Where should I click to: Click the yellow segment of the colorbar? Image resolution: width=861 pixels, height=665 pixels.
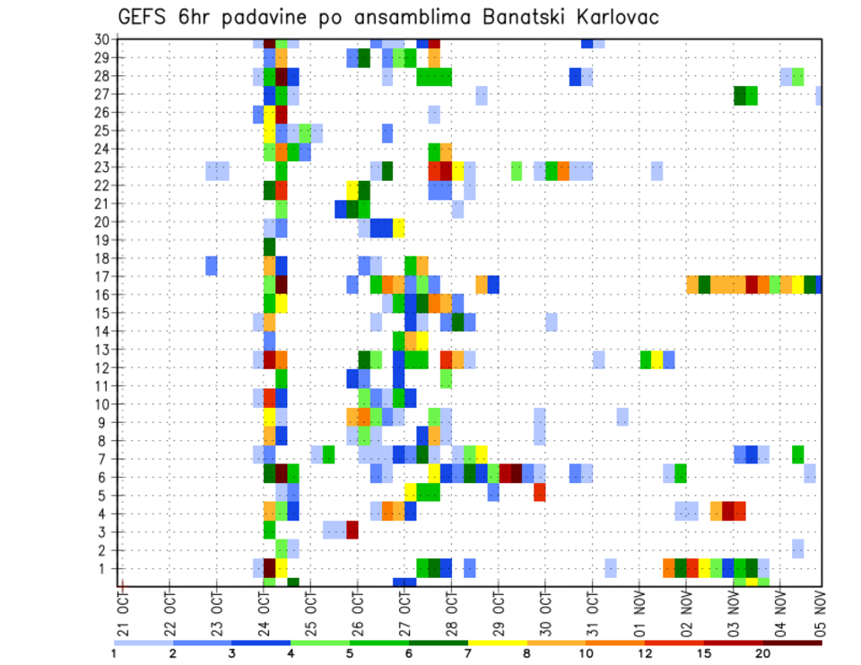coord(498,642)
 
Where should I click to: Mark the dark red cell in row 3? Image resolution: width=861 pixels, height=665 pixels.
coord(352,530)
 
